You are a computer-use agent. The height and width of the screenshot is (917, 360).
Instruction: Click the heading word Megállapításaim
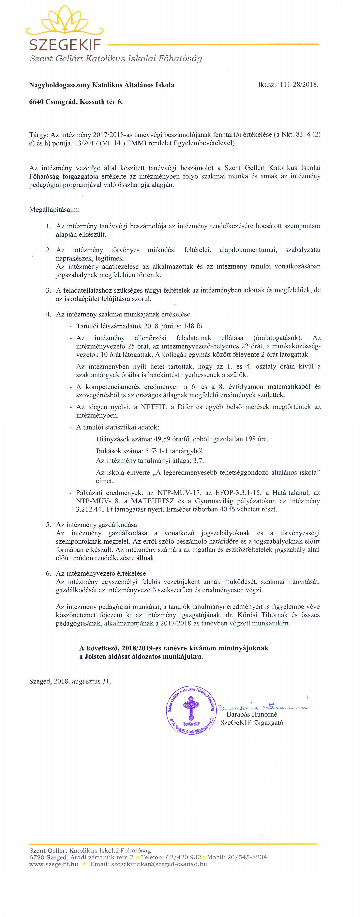pos(54,210)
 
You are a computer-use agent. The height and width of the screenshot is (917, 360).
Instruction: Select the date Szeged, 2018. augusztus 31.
pos(70,681)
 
